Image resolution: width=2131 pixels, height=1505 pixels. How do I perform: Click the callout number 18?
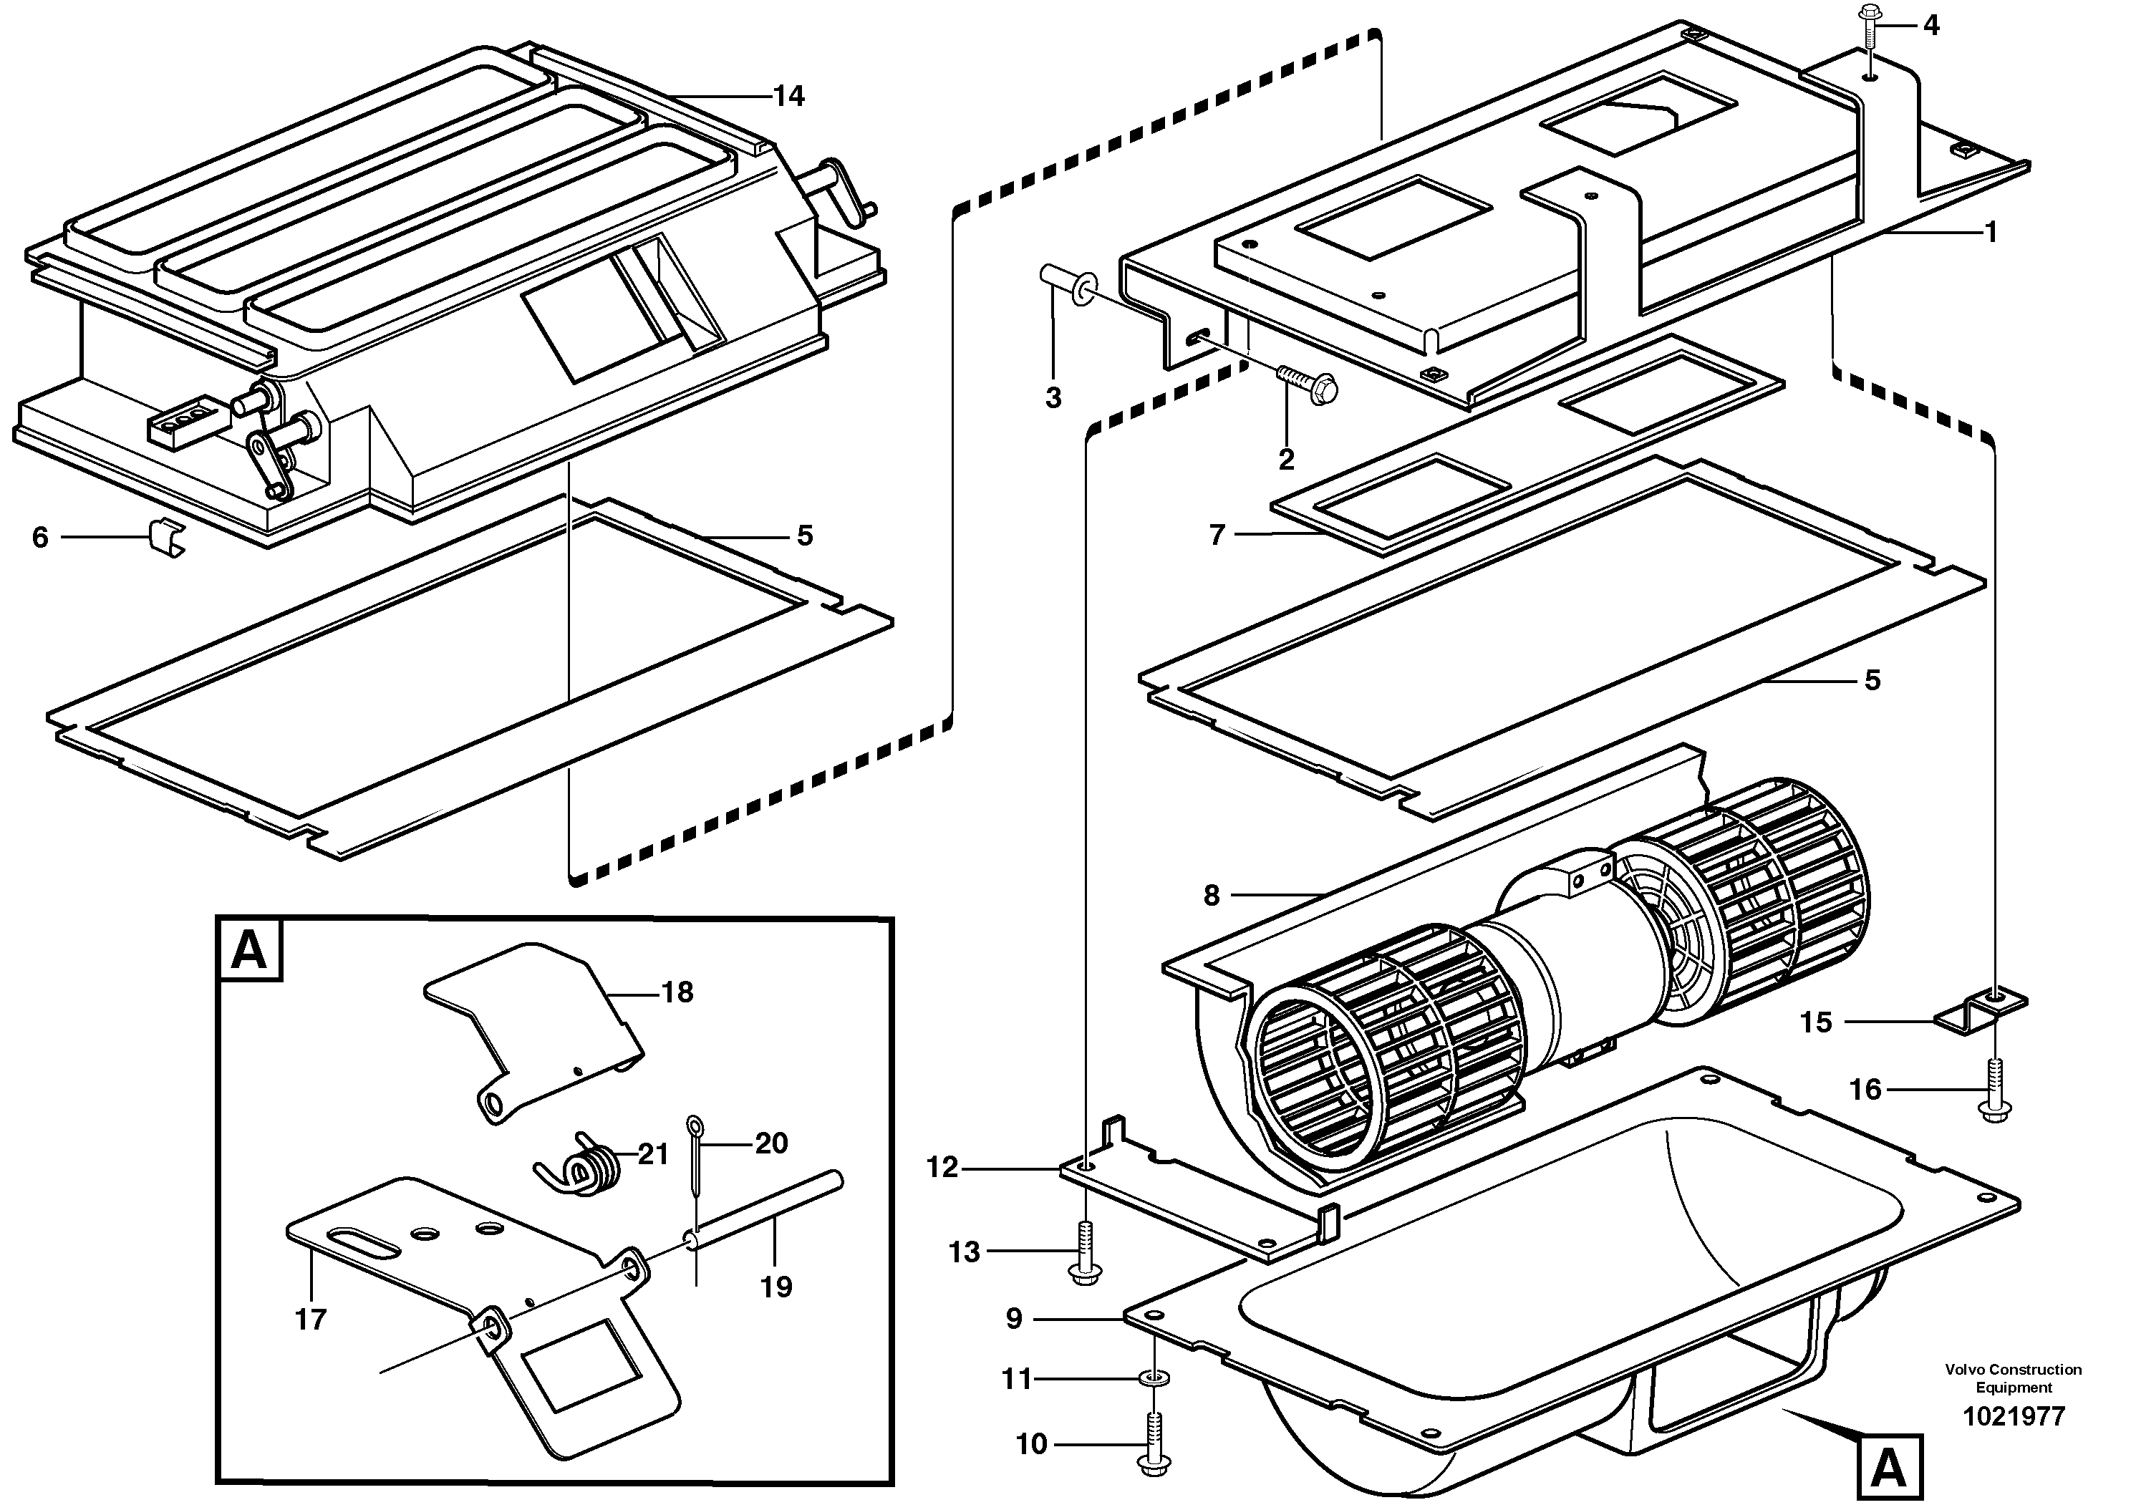(x=677, y=993)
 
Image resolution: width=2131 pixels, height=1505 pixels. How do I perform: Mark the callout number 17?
(x=311, y=1319)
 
